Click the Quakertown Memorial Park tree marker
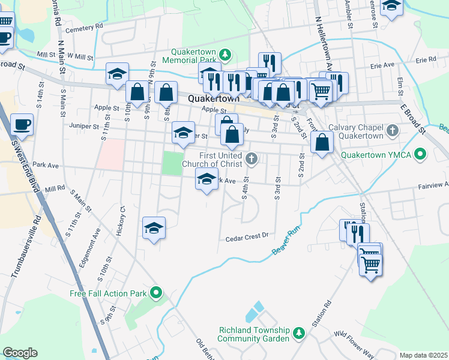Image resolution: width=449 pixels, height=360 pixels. (x=225, y=55)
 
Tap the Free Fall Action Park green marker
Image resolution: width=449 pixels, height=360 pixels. (x=157, y=293)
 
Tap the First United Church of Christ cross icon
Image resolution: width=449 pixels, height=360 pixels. (x=252, y=159)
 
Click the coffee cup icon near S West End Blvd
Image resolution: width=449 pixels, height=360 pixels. (x=22, y=124)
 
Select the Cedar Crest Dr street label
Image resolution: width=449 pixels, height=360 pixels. (x=246, y=238)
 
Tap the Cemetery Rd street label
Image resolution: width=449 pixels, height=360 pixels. (x=85, y=28)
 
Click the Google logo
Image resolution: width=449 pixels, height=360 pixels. (x=20, y=353)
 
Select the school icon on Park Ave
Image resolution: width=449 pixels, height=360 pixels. (x=206, y=179)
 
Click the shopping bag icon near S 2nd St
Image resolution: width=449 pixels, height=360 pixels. (x=322, y=142)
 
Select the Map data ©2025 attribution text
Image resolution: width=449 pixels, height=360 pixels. (x=423, y=355)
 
